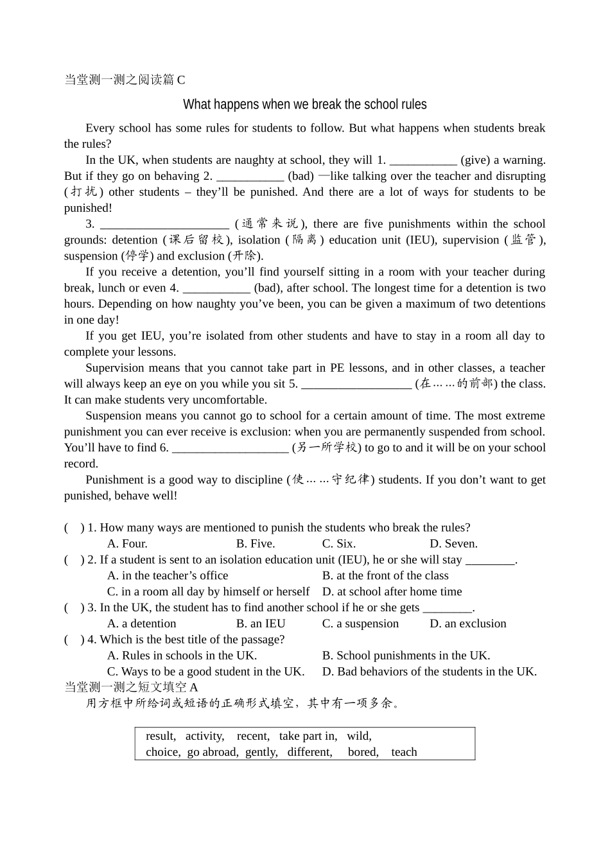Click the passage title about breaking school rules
point(304,104)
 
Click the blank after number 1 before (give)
point(423,161)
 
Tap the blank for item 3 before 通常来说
point(164,224)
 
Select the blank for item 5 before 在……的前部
point(356,384)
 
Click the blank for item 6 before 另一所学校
point(231,448)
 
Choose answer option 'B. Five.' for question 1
point(256,544)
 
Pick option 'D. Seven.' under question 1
point(453,544)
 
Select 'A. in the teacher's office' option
point(168,576)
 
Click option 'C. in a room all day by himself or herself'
point(208,592)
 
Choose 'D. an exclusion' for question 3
point(467,624)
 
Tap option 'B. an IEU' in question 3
point(261,624)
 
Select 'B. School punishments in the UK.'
point(406,656)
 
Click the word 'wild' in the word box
point(359,737)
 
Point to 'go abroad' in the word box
point(213,753)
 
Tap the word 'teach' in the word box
point(404,753)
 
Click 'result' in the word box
point(161,737)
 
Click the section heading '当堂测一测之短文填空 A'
point(132,687)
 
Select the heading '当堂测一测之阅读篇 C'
point(125,80)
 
